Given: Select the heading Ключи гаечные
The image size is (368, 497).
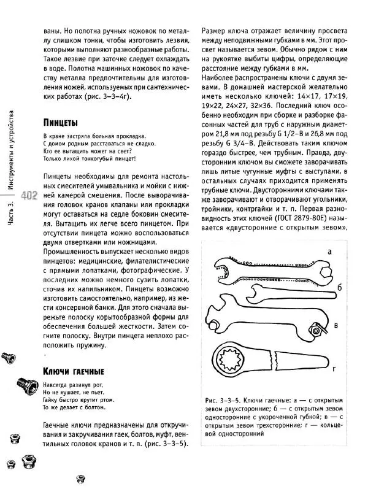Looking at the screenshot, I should [x=73, y=371].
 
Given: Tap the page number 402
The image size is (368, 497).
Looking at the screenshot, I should [x=29, y=195].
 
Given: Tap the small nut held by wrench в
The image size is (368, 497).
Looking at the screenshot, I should [x=318, y=330].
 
